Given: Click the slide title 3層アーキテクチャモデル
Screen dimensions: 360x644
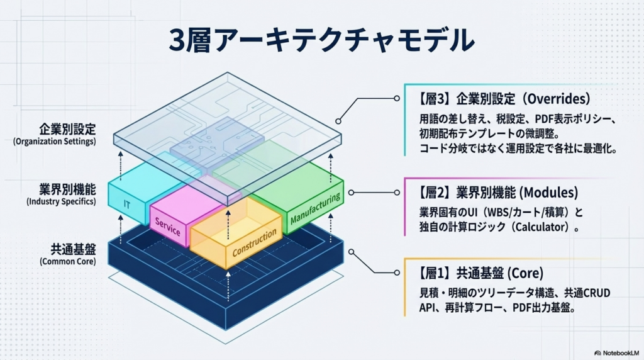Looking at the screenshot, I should (321, 41).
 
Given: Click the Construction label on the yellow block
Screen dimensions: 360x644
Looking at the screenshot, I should (255, 243).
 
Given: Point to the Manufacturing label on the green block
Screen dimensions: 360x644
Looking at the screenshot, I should (316, 209).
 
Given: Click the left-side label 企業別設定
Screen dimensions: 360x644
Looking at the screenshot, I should (67, 130).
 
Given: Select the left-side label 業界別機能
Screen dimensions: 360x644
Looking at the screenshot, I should (67, 189).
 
